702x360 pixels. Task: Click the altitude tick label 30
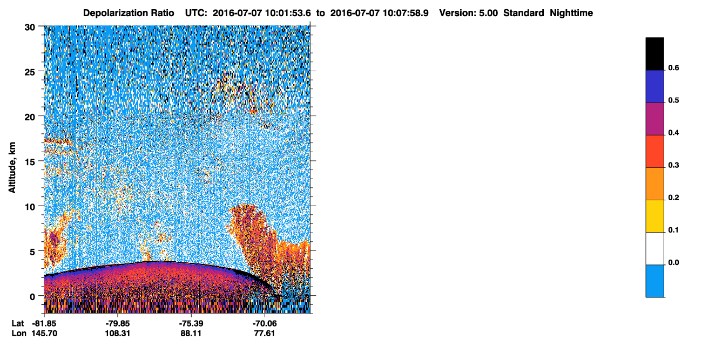pos(30,28)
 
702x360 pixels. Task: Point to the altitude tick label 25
pos(30,72)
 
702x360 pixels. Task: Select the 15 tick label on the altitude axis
pos(30,162)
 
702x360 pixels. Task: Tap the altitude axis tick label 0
pos(32,297)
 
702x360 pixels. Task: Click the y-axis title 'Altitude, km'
pos(12,167)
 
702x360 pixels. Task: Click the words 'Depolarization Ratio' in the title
pos(129,13)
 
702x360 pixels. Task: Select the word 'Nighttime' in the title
pos(571,13)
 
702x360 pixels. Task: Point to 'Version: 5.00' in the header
pos(469,13)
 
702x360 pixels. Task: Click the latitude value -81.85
pos(44,323)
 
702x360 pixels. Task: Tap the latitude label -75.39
pos(191,323)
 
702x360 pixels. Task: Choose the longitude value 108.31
pos(118,333)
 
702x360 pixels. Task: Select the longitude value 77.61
pos(265,333)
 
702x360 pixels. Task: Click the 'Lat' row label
pos(18,323)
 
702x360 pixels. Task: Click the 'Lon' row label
pos(19,333)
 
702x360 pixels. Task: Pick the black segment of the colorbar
pos(654,54)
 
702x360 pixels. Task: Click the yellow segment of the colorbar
pos(654,216)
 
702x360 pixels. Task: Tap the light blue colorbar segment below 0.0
pos(654,281)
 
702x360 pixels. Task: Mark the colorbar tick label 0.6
pos(673,67)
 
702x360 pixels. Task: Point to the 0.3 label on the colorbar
pos(673,165)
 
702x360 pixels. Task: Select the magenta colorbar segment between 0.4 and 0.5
pos(654,119)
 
